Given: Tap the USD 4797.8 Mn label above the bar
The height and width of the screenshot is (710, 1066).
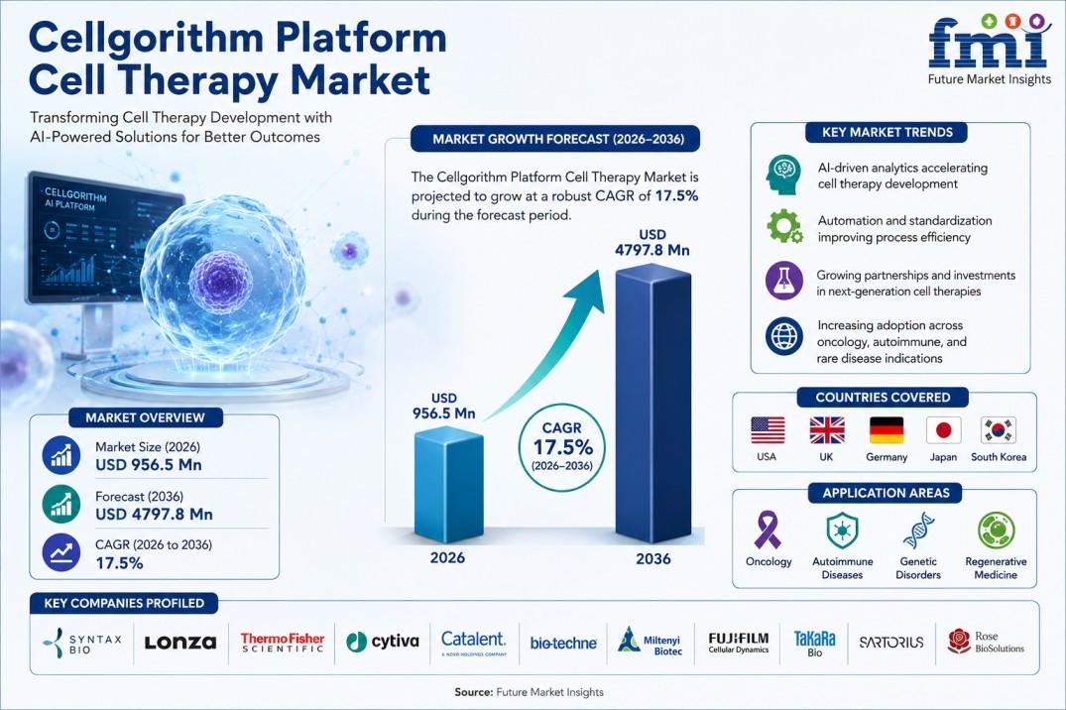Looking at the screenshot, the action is click(651, 243).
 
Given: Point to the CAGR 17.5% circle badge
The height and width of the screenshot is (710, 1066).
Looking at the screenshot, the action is click(562, 447).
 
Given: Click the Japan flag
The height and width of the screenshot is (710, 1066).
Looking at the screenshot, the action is click(944, 430).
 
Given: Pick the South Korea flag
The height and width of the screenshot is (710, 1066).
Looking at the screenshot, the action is click(998, 430).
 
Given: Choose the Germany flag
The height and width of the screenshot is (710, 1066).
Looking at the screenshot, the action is click(887, 430).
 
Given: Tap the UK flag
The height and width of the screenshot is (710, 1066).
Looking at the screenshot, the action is click(827, 430).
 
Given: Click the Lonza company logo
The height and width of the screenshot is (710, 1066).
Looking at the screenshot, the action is click(180, 642).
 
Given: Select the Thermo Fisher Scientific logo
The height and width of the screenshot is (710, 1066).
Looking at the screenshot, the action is click(283, 642).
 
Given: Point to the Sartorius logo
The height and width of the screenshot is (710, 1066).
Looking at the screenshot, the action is click(891, 642).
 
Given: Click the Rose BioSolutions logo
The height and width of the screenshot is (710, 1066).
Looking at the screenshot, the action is click(986, 642).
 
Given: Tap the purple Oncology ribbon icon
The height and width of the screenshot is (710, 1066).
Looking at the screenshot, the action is click(769, 530).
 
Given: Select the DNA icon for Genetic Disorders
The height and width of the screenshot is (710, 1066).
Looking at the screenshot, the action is click(918, 531).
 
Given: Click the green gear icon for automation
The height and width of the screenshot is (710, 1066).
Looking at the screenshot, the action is click(783, 226).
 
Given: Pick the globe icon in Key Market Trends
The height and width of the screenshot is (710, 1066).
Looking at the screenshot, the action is click(783, 336).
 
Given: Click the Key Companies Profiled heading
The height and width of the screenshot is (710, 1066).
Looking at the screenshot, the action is click(124, 603).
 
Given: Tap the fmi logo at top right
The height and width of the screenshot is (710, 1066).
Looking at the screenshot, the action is click(990, 49).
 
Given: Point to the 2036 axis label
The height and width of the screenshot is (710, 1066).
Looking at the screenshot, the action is click(653, 559).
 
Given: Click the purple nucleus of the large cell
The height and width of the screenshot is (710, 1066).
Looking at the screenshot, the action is click(221, 281).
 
